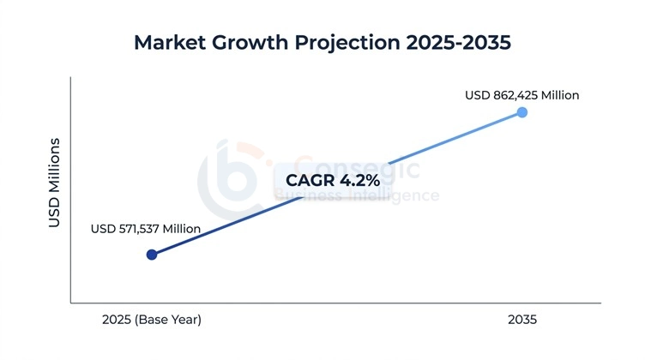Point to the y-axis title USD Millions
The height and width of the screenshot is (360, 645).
point(54,182)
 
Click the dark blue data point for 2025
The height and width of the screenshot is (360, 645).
point(152,255)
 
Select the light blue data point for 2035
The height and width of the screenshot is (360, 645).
point(522,112)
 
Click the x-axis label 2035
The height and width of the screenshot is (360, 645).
point(521,320)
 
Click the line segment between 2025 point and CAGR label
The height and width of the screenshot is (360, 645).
point(214,227)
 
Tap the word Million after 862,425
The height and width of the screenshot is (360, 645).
point(557,95)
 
